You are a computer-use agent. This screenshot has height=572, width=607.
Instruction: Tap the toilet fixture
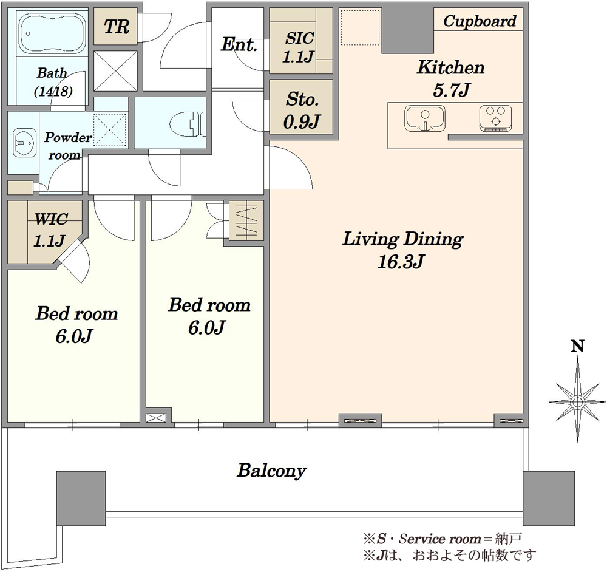coord(188,123)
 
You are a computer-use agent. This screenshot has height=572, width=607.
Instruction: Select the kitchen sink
coord(425,118)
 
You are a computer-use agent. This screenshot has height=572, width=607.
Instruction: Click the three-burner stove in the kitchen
coord(495,118)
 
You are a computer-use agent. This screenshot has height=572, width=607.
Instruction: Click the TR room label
coord(116,27)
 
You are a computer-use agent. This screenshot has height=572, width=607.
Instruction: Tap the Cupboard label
coord(480,21)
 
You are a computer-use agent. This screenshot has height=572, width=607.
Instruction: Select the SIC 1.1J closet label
coord(298,47)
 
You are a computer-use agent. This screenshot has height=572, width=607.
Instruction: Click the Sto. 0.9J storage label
coord(302,111)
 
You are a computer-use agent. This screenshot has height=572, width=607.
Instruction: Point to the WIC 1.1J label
coord(50,230)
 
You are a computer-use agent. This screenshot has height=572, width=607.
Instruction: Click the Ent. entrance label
coord(239,44)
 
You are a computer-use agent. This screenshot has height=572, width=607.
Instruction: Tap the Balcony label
coord(272,471)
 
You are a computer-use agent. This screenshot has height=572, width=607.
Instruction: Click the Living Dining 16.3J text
coord(402,250)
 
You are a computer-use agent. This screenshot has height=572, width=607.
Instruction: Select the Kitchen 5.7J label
coord(450,79)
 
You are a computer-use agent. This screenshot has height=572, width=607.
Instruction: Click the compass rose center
coord(578,401)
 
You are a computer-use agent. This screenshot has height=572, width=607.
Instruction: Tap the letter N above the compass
coord(578,346)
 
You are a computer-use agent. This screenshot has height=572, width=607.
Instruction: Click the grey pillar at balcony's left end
coord(81,498)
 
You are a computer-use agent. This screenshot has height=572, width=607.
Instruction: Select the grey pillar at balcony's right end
coord(549,498)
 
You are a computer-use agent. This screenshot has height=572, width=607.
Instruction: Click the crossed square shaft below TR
coord(115,71)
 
